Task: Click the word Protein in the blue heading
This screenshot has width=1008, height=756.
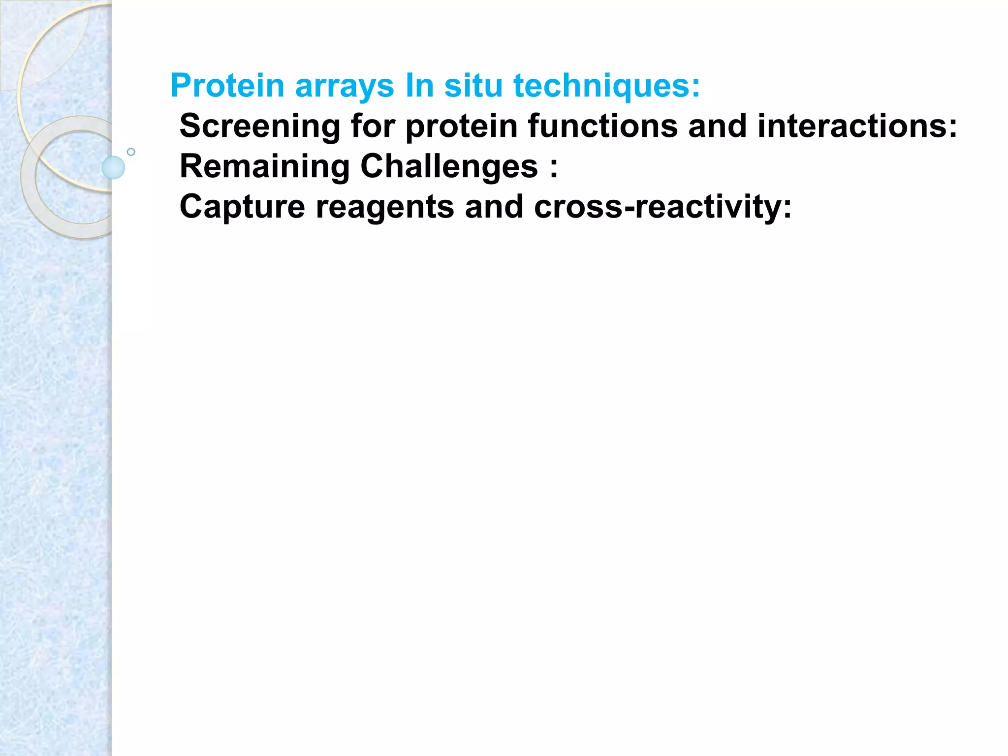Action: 227,86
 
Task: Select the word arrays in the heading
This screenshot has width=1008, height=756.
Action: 345,86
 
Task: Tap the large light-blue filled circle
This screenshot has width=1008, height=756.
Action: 113,167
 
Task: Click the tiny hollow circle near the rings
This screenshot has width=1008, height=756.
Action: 131,152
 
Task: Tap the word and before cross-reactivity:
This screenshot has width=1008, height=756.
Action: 494,207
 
